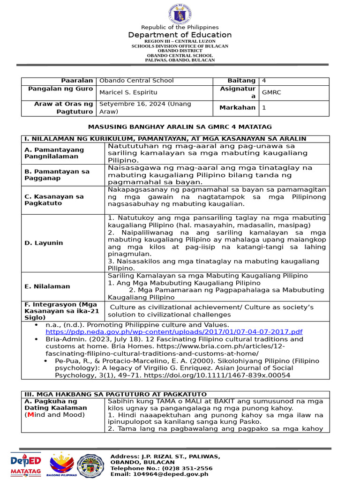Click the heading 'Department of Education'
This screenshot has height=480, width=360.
point(180,35)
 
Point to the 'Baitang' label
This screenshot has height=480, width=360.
point(241,81)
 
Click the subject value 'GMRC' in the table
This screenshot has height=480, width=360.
point(272,92)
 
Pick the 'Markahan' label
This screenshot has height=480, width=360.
point(239,107)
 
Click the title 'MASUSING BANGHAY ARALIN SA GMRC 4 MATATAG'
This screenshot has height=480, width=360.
point(180,127)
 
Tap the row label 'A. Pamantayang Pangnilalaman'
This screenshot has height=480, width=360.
point(54,152)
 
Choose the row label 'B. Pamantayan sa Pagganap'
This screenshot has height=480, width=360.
point(57,175)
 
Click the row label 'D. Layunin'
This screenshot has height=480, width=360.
point(44,243)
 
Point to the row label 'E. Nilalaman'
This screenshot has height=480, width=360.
point(47,286)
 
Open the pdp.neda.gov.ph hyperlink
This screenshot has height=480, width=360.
point(174,331)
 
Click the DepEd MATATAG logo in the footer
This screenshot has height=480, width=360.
point(26,464)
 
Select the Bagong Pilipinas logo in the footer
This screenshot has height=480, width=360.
point(62,464)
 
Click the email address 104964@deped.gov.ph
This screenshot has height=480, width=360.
point(159,474)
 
